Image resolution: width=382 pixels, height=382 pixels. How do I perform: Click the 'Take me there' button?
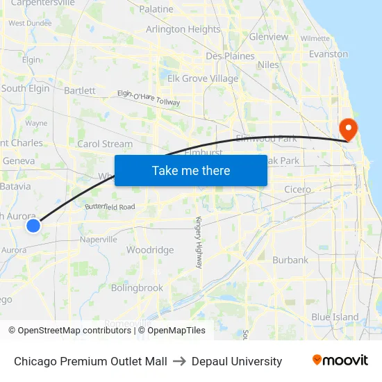191,170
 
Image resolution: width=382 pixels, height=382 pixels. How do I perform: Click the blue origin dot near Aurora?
33,225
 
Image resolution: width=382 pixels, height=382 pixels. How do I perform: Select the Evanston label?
328,53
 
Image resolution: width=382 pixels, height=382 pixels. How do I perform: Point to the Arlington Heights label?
183,29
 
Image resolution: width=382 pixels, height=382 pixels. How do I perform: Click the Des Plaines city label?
230,56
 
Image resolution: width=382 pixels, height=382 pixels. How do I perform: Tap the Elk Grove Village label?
203,78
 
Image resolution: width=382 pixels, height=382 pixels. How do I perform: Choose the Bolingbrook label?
137,288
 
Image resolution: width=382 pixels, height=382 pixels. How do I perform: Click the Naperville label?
98,239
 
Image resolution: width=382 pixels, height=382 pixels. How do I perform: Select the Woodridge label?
150,250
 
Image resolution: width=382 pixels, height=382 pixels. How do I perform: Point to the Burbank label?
290,260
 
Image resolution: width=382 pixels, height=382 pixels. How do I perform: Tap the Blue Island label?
335,317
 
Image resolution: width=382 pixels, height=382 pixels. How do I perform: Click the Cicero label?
297,189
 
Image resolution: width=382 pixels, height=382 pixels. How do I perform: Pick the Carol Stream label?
104,144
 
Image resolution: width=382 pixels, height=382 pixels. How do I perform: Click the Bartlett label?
79,90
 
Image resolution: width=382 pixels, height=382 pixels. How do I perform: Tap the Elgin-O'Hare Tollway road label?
148,98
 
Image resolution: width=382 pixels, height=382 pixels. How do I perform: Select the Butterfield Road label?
110,207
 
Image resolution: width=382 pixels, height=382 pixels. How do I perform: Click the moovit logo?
340,360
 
